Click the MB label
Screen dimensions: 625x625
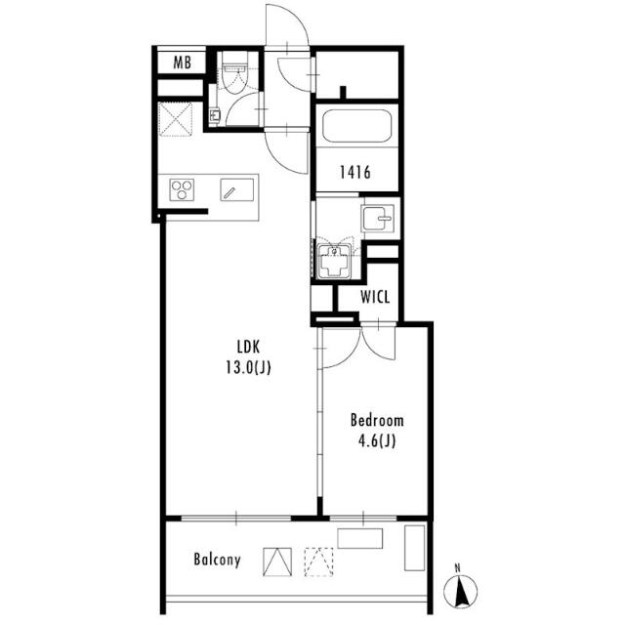[x=183, y=62]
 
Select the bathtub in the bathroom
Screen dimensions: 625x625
[x=356, y=126]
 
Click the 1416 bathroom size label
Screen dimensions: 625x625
[x=355, y=172]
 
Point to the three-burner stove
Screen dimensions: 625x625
[x=182, y=189]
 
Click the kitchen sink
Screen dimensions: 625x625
[x=236, y=189]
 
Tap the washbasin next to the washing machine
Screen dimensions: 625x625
[x=378, y=218]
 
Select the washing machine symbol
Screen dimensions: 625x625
[x=334, y=261]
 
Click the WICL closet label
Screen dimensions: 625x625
[x=375, y=297]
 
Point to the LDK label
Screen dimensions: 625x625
[x=248, y=348]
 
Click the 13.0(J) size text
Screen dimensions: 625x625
[x=248, y=367]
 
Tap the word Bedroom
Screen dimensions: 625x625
[x=377, y=421]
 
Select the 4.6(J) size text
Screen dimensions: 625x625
[x=377, y=440]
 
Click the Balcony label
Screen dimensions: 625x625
[x=217, y=560]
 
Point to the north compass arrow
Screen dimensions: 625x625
[x=461, y=591]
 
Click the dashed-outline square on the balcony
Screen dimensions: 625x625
[x=319, y=562]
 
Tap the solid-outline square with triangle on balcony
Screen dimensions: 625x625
[x=277, y=562]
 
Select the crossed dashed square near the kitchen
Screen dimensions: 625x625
[x=176, y=119]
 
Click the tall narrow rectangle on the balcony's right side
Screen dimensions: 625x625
[x=415, y=548]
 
